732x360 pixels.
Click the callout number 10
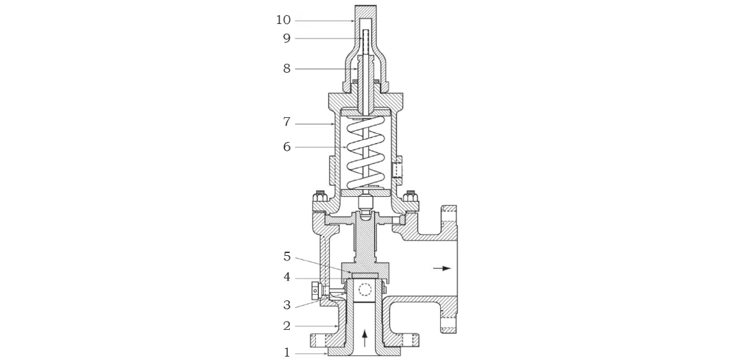pyautogui.click(x=283, y=20)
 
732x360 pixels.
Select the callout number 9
pyautogui.click(x=286, y=38)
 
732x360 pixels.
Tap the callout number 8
pyautogui.click(x=286, y=69)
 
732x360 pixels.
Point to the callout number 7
pyautogui.click(x=286, y=122)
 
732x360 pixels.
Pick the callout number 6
pyautogui.click(x=286, y=147)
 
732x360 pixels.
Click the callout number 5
pyautogui.click(x=286, y=256)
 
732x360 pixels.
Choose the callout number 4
pyautogui.click(x=286, y=277)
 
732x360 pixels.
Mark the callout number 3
pyautogui.click(x=286, y=305)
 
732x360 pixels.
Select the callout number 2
pyautogui.click(x=286, y=326)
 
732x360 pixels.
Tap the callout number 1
pyautogui.click(x=286, y=353)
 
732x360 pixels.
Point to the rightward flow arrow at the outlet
pyautogui.click(x=441, y=268)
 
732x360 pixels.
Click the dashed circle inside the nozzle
pyautogui.click(x=364, y=291)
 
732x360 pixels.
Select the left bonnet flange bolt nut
pyautogui.click(x=319, y=195)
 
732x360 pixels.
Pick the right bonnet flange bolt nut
pyautogui.click(x=411, y=195)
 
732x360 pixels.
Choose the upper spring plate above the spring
pyautogui.click(x=365, y=112)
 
